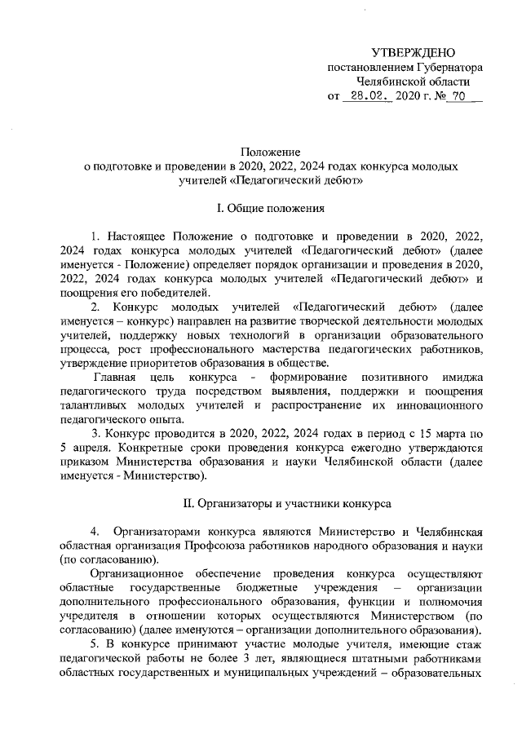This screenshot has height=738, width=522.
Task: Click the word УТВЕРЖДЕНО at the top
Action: coord(413,52)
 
